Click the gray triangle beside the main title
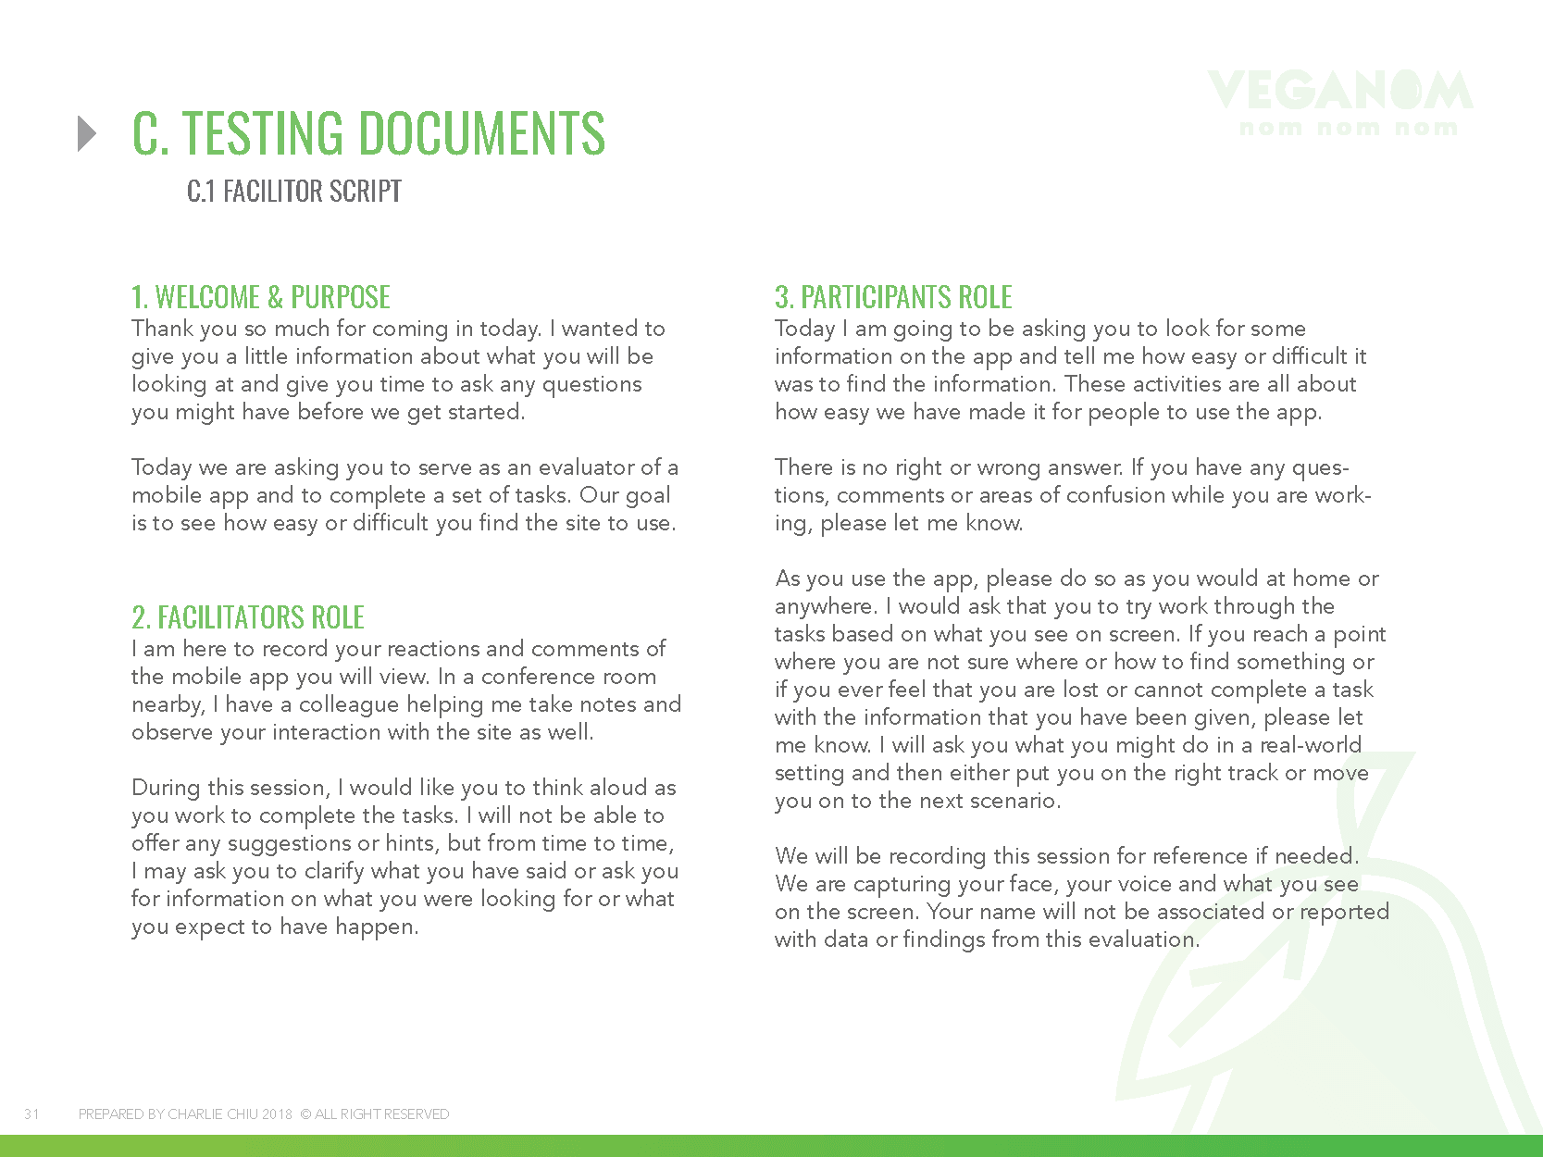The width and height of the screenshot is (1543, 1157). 87,133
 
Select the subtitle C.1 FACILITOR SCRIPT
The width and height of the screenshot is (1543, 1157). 293,192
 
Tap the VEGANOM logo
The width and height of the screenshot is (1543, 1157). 1339,102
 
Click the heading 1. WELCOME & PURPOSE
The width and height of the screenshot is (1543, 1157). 261,297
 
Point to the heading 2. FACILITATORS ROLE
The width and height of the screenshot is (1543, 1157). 248,617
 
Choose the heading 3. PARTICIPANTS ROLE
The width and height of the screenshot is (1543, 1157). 893,297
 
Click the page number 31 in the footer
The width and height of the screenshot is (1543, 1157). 31,1114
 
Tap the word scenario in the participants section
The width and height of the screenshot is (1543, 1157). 1014,801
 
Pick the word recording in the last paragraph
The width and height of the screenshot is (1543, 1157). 937,856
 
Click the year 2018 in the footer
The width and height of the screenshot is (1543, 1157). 277,1114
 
